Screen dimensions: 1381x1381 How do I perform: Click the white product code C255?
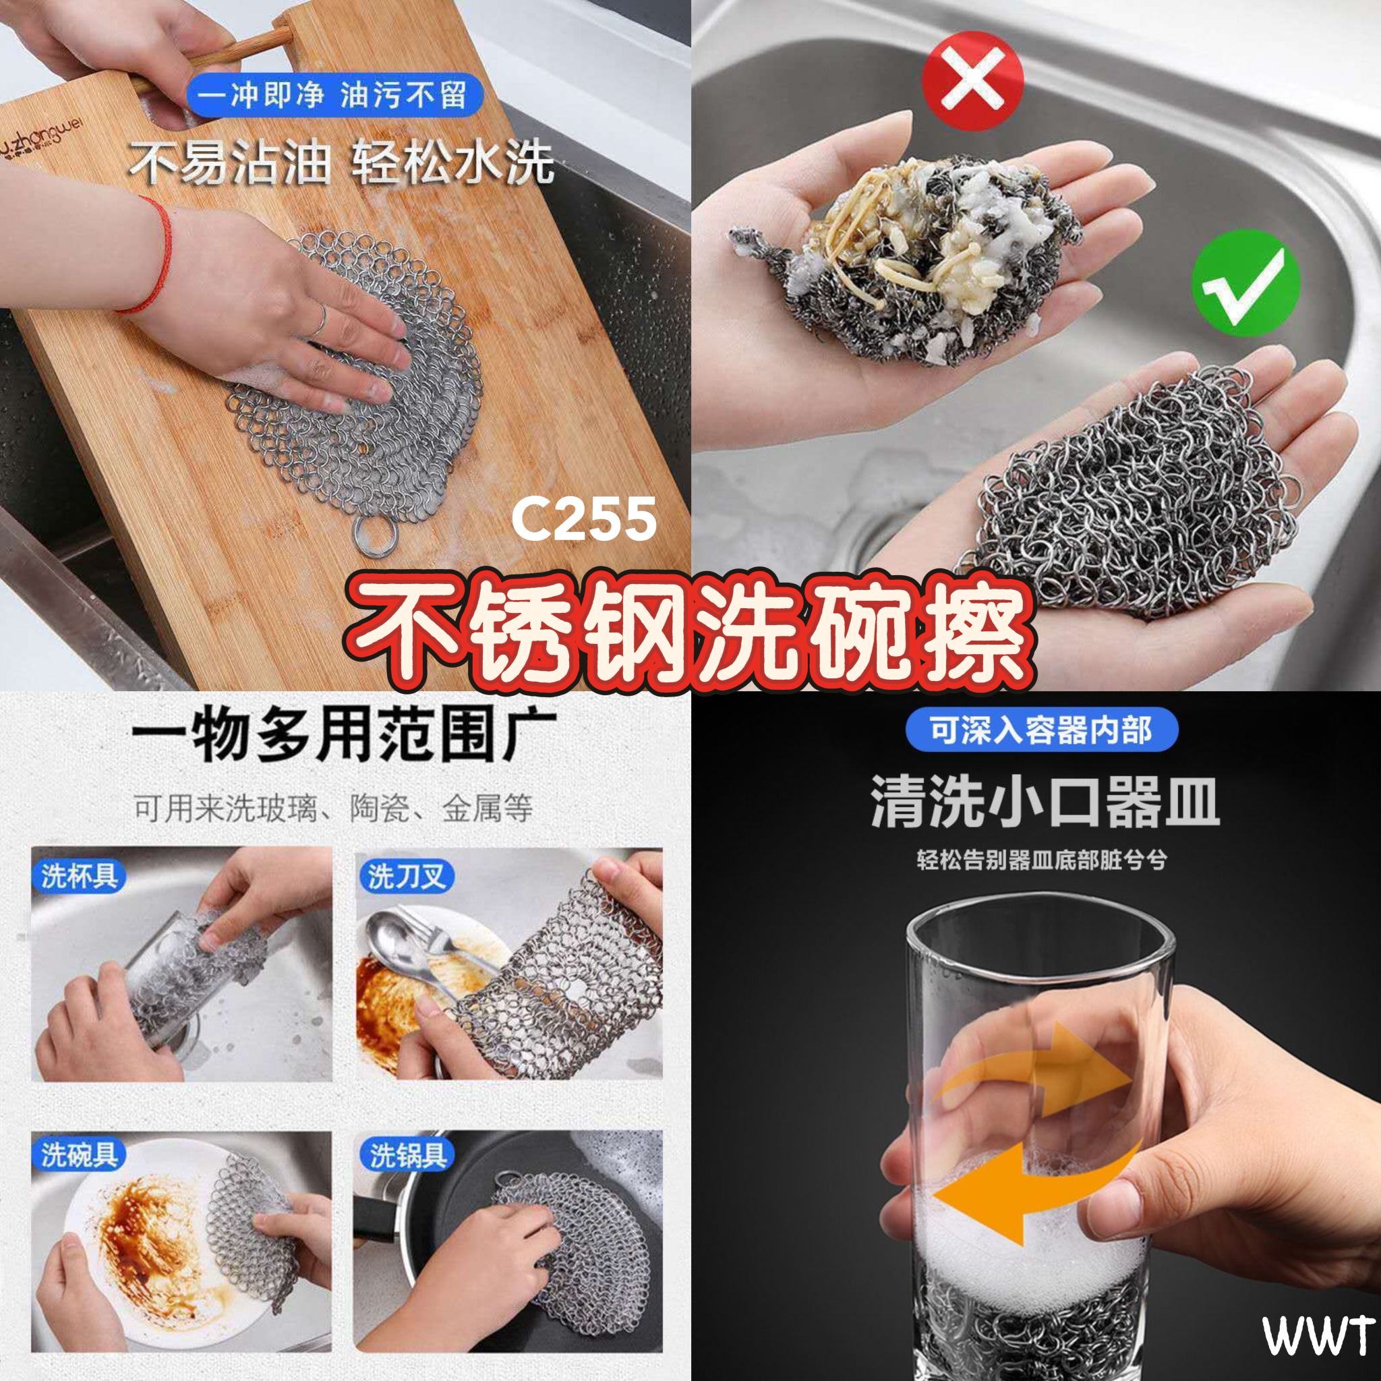pos(583,519)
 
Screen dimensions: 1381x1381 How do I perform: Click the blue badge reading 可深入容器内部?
pos(1040,730)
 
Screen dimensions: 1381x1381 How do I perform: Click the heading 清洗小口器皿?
pos(1045,802)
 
